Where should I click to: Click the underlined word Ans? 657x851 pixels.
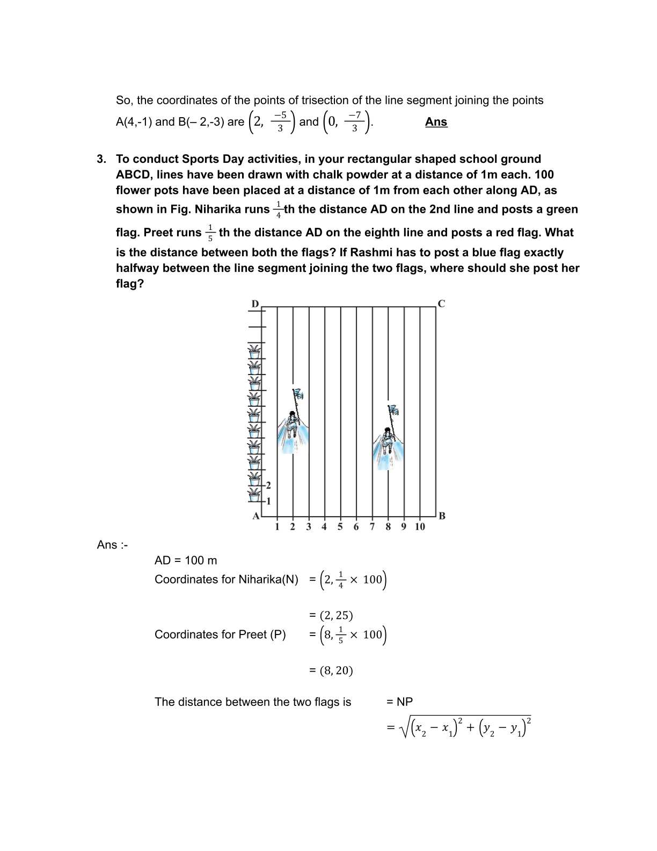coord(436,122)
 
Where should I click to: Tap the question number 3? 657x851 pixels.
coord(101,159)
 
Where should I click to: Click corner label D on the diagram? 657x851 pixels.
coord(255,304)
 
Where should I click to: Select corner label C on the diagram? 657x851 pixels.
coord(441,304)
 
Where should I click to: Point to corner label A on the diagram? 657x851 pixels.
coord(256,516)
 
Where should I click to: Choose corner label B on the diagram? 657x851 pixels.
coord(442,516)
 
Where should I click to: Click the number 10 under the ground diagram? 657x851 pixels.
coord(420,527)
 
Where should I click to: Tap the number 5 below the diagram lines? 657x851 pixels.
coord(340,527)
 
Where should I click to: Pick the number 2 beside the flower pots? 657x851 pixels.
coord(268,486)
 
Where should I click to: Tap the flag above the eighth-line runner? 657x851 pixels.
coord(394,411)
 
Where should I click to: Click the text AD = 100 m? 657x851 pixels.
coord(186,560)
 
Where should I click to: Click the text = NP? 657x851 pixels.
coord(399,702)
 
